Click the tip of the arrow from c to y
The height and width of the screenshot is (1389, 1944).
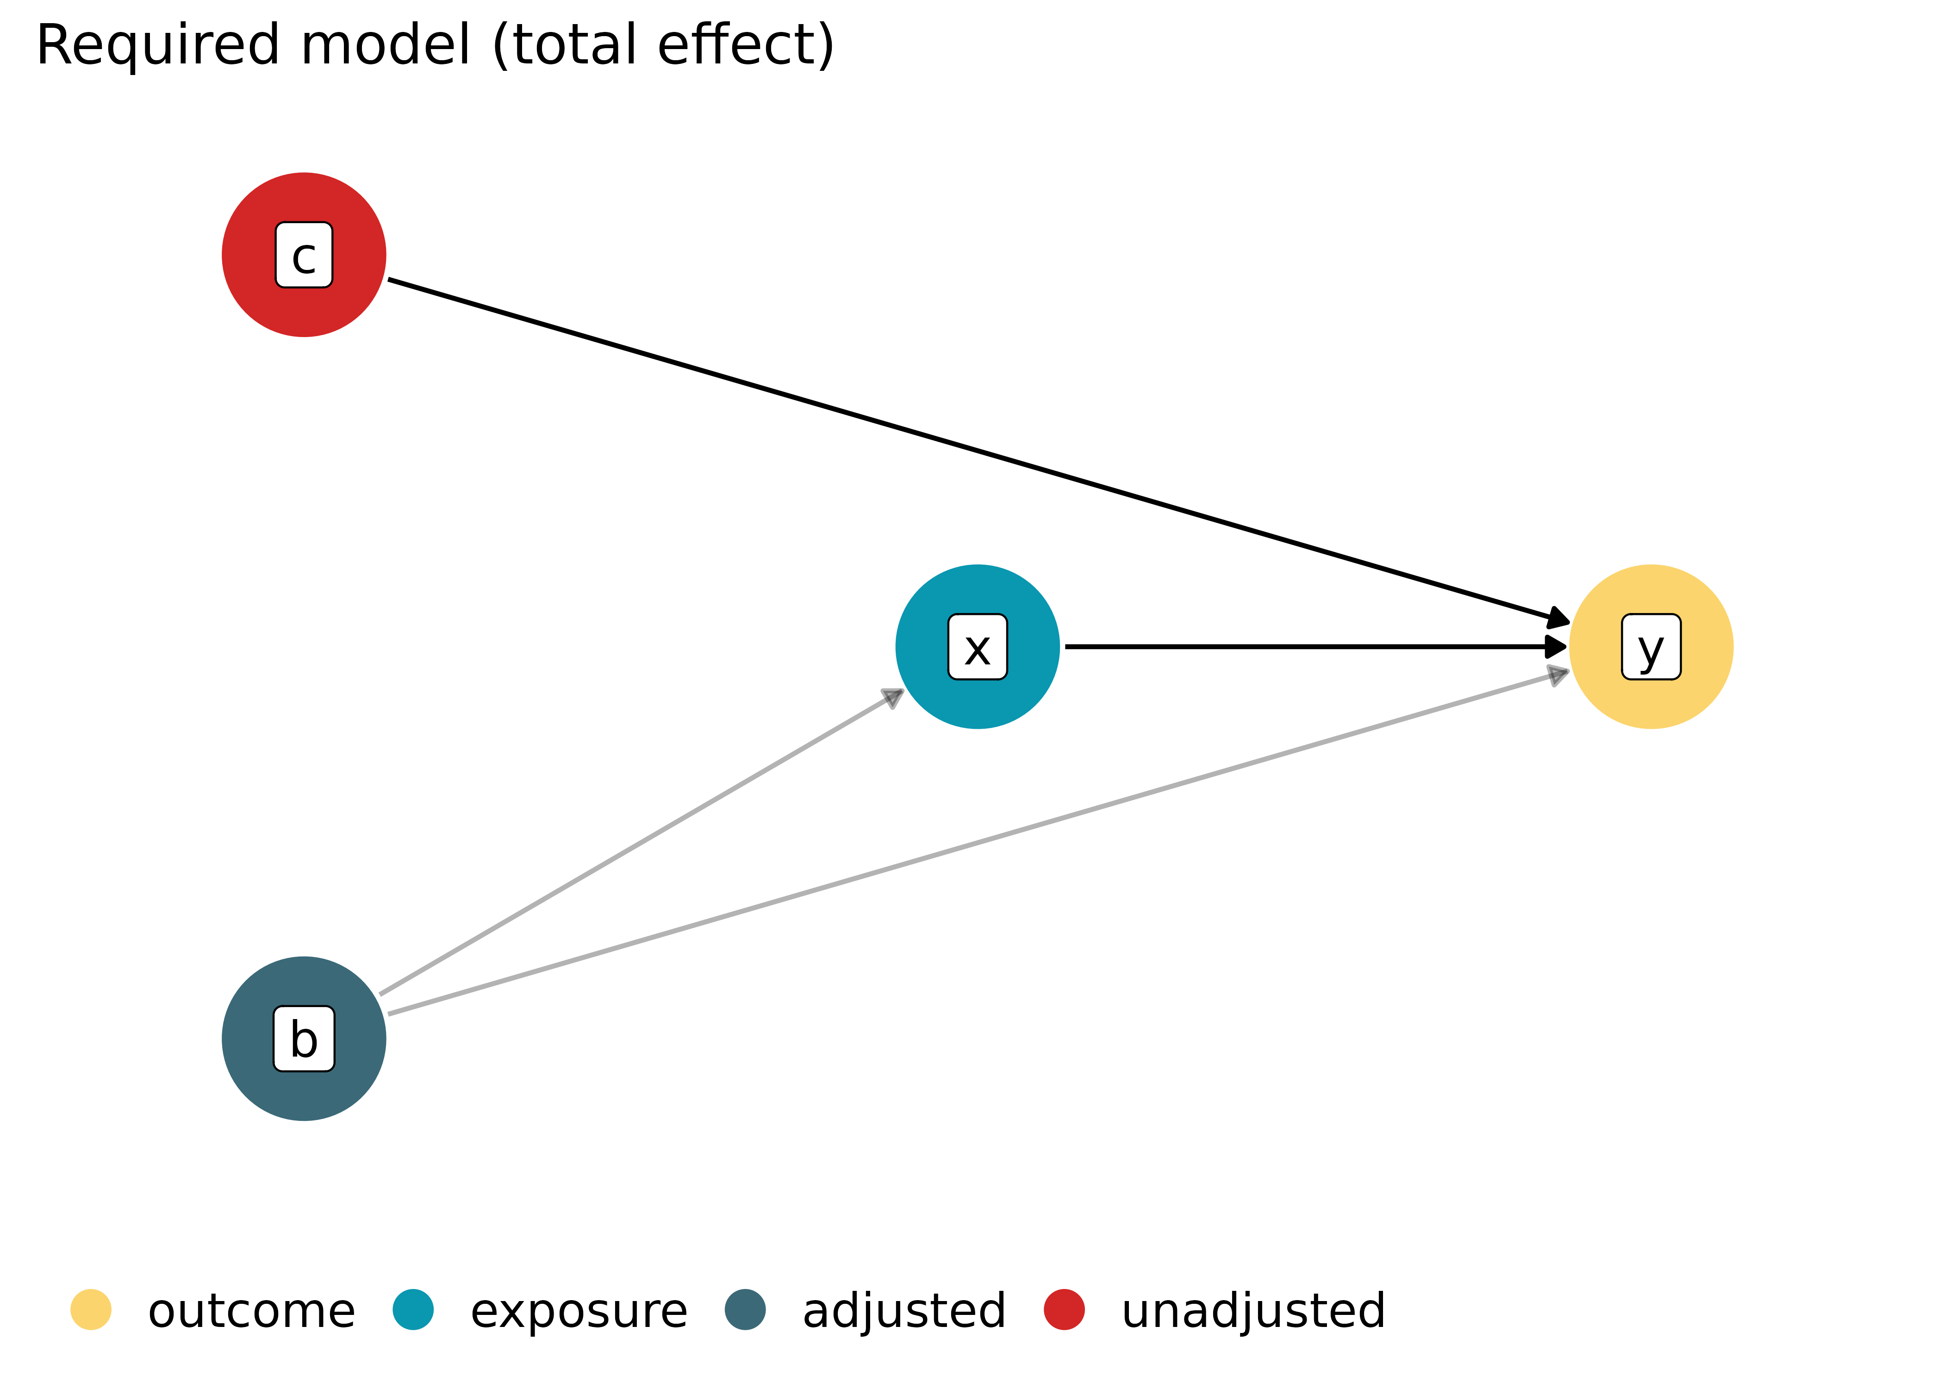coord(1570,622)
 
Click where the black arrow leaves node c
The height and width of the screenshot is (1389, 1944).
coord(389,280)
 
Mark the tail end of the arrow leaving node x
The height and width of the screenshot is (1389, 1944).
coord(1066,647)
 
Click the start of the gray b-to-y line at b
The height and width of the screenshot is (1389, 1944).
coord(389,1014)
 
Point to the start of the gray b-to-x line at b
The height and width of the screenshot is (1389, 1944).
coord(380,995)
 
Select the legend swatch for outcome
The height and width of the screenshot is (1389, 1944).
coord(91,1309)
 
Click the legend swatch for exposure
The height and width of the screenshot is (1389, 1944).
coord(413,1309)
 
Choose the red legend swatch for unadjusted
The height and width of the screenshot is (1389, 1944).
coord(1064,1309)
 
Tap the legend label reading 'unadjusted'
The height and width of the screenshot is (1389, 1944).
coord(1253,1310)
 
